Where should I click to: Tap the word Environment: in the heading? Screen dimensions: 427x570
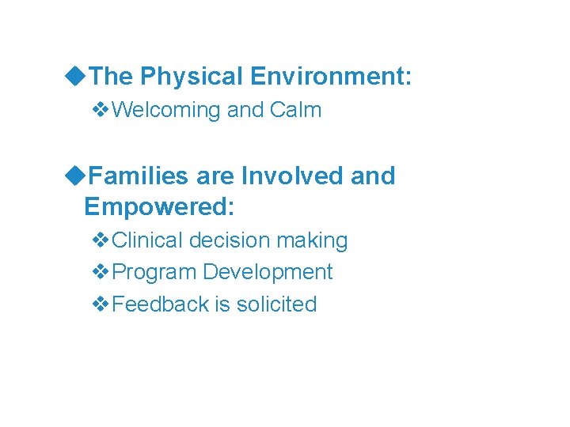tap(331, 77)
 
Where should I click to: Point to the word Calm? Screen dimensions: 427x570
tap(295, 109)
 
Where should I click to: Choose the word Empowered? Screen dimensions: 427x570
tap(159, 206)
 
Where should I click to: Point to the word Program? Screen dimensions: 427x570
tap(154, 272)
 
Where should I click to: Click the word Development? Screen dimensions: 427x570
tap(268, 272)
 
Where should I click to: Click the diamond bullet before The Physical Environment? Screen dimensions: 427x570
tap(76, 77)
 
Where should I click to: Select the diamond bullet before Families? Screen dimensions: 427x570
tap(76, 176)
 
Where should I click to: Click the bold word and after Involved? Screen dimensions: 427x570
tap(372, 176)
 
